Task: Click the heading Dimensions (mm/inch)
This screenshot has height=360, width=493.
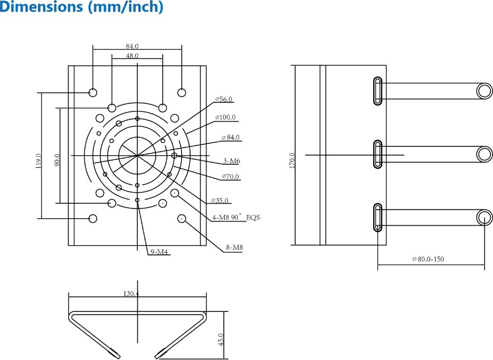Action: [81, 8]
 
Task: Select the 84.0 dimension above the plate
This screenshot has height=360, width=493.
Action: [132, 46]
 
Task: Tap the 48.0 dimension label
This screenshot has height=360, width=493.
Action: [132, 55]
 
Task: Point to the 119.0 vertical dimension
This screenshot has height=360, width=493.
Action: [38, 161]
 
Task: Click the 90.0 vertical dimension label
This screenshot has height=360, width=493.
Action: [57, 160]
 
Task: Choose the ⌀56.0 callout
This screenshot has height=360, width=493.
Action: [224, 99]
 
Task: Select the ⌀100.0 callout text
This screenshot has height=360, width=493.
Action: [225, 117]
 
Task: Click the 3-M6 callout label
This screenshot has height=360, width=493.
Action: [232, 160]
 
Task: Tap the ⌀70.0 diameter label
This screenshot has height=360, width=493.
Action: [230, 176]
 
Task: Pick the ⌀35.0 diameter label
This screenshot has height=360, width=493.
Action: [220, 201]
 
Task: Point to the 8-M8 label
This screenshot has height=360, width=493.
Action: [234, 247]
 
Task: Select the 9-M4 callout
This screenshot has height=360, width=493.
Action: [159, 252]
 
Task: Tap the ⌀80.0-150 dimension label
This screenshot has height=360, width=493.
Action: [428, 259]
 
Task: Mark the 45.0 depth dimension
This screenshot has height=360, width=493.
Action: [221, 339]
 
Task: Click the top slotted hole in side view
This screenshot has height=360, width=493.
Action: [378, 91]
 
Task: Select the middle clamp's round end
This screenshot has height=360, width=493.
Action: [485, 154]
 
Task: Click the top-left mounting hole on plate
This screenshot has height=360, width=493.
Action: [93, 92]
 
